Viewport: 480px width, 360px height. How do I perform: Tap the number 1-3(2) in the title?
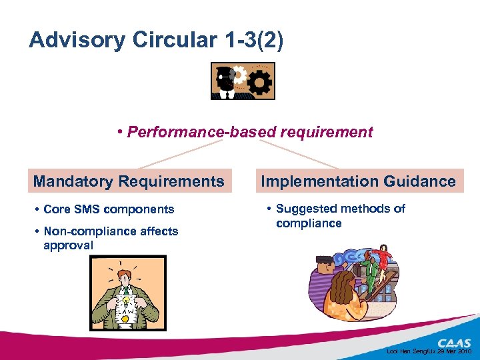251,41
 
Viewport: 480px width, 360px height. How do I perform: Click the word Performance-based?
187,132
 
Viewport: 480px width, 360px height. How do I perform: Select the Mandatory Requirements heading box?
129,181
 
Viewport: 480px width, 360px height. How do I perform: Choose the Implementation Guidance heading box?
359,181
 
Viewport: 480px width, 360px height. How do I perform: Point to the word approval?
68,245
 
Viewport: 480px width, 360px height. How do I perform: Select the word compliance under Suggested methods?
309,223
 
